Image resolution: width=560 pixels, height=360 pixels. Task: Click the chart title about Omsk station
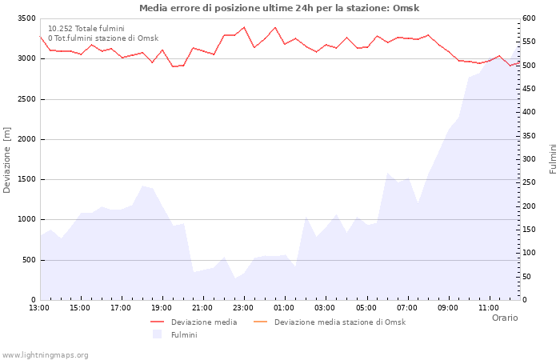(279, 8)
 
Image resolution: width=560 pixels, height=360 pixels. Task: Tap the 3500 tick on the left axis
(26, 18)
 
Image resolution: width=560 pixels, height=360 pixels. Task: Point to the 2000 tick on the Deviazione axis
(26, 139)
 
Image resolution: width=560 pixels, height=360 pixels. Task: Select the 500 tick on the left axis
(28, 260)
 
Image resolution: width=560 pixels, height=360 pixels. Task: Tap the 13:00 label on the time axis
(39, 307)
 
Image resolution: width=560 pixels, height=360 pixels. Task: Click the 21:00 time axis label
(202, 307)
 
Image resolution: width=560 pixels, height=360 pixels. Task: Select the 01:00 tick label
(284, 307)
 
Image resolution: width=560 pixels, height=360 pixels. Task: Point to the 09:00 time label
(448, 307)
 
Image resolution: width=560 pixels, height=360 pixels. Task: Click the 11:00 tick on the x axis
(489, 307)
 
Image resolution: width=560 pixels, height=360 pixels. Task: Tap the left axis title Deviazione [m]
(8, 160)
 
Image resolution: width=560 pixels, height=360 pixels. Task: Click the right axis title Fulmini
(553, 158)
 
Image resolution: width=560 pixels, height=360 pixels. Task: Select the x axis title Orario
(505, 318)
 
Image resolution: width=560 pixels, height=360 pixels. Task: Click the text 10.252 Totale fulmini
(86, 28)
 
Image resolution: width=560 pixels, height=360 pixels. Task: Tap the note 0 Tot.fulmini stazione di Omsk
(102, 38)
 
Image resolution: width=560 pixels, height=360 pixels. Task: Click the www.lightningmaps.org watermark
(46, 355)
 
